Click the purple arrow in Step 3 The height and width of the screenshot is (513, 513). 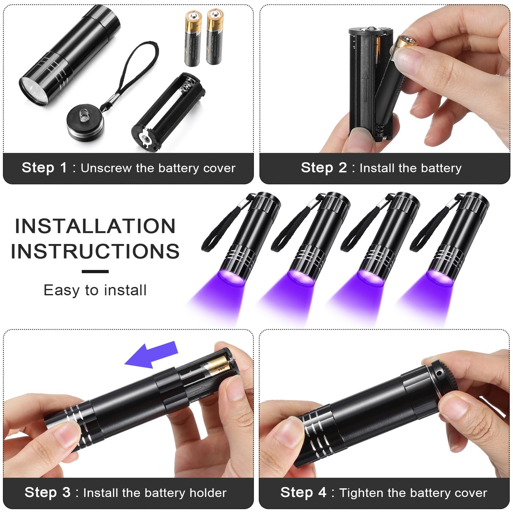click(151, 355)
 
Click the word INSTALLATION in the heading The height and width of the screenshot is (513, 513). click(95, 226)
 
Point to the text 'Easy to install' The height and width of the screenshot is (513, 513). click(95, 290)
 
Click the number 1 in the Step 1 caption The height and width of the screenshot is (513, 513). click(63, 168)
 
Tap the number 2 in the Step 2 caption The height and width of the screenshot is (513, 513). click(343, 168)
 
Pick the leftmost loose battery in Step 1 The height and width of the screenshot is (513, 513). click(193, 38)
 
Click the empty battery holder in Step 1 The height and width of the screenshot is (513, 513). click(168, 112)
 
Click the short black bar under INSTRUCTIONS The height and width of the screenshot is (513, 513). click(95, 272)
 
